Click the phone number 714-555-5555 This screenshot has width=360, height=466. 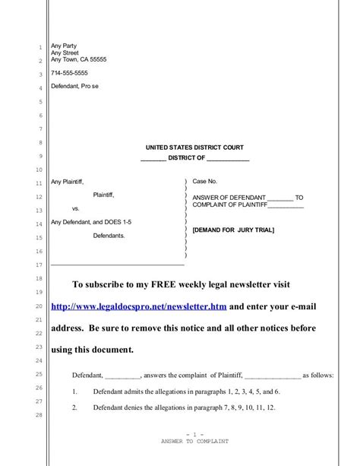(x=68, y=73)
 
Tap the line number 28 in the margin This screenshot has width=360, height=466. (x=38, y=414)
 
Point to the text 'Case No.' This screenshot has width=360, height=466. (x=204, y=182)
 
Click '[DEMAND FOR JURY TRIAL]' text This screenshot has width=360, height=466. (x=233, y=230)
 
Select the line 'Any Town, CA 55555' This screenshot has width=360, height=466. (x=78, y=59)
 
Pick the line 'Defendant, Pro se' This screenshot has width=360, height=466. (x=74, y=87)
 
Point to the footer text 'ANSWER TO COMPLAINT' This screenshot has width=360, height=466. (x=194, y=441)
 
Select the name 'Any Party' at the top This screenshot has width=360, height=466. (x=64, y=46)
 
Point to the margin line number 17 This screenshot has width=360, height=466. (x=38, y=265)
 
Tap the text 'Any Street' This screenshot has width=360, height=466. (x=65, y=52)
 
